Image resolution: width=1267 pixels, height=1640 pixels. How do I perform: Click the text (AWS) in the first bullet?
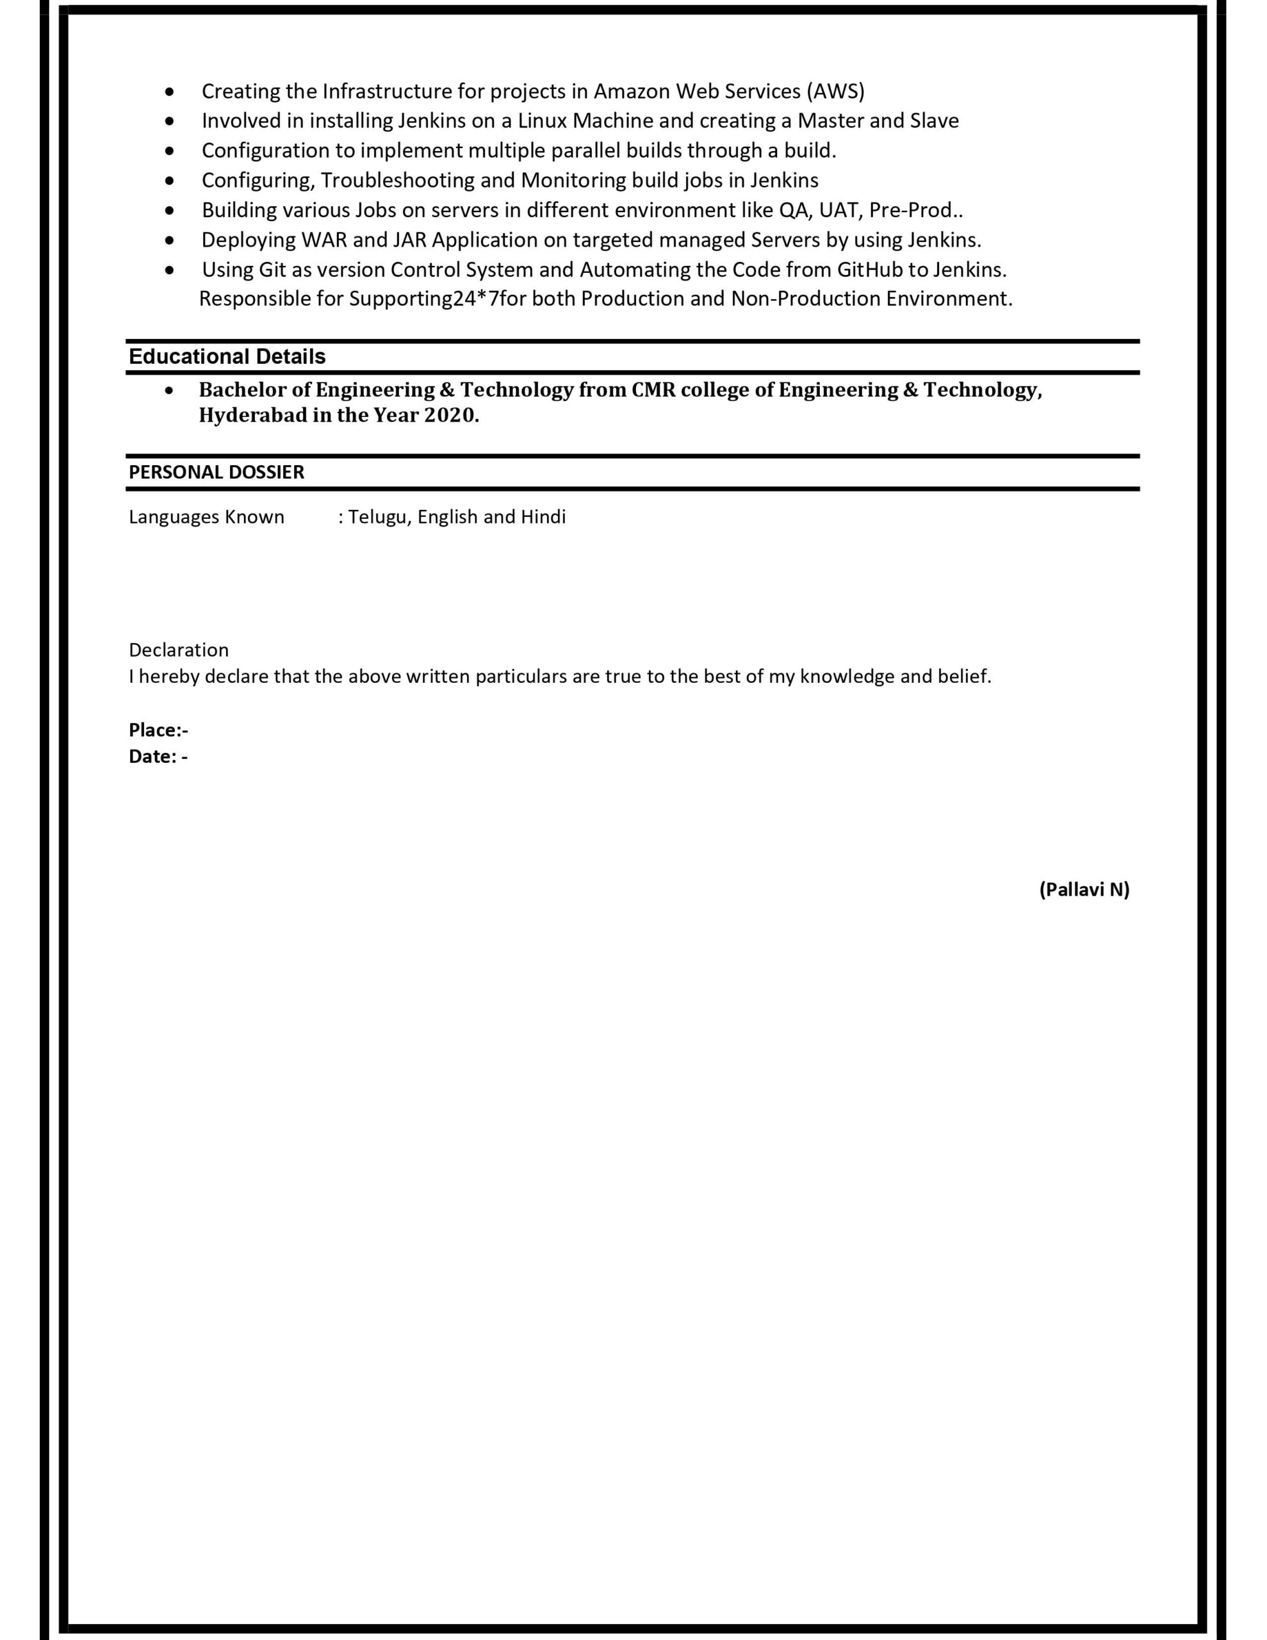pos(835,92)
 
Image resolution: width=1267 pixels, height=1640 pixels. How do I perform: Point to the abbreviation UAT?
pos(840,210)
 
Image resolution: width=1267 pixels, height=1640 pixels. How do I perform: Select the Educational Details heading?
pos(227,357)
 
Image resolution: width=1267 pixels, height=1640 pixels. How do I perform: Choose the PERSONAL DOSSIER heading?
pos(217,472)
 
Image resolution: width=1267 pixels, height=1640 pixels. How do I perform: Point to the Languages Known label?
pos(206,518)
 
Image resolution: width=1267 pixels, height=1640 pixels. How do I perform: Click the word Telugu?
pos(378,518)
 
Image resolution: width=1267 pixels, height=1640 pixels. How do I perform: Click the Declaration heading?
pos(179,650)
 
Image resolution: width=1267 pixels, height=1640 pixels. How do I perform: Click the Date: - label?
pos(158,757)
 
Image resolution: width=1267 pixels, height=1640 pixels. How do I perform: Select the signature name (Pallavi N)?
pos(1084,890)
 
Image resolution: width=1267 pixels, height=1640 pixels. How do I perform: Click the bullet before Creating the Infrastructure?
pos(170,92)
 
